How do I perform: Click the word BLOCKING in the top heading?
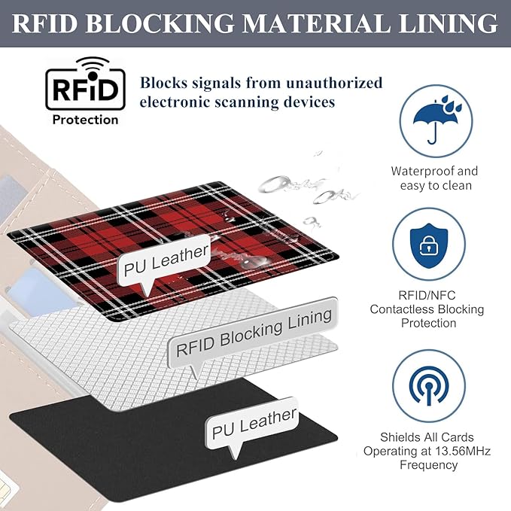[155, 23]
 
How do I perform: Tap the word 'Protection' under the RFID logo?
[84, 119]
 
